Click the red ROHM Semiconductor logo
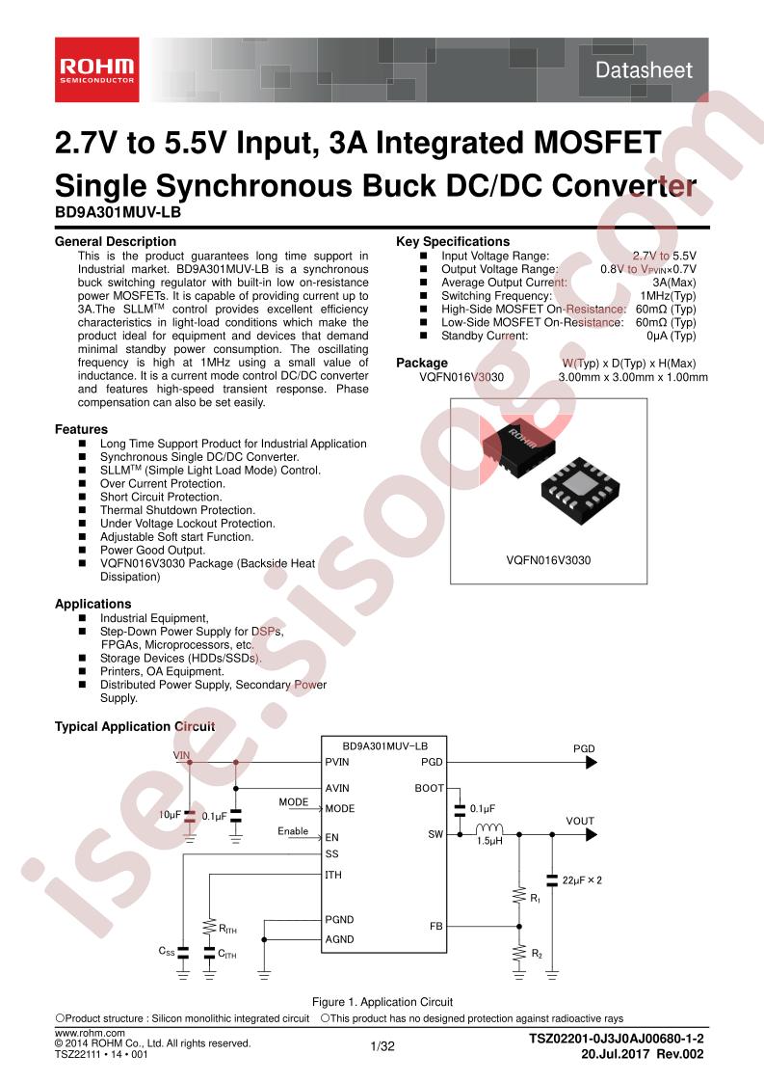pyautogui.click(x=97, y=70)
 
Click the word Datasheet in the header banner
pyautogui.click(x=644, y=69)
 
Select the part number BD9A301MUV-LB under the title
pyautogui.click(x=118, y=212)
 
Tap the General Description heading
pyautogui.click(x=116, y=241)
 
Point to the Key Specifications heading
pyautogui.click(x=453, y=241)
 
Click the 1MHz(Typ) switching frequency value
pyautogui.click(x=669, y=295)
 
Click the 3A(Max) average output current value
pyautogui.click(x=674, y=283)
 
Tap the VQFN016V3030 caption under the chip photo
pyautogui.click(x=548, y=560)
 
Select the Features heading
pyautogui.click(x=81, y=429)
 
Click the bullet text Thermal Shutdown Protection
pyautogui.click(x=177, y=510)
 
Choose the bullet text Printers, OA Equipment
pyautogui.click(x=162, y=671)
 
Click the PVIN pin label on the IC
pyautogui.click(x=337, y=762)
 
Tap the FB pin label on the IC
pyautogui.click(x=435, y=926)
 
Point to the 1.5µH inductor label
pyautogui.click(x=489, y=841)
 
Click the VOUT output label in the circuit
pyautogui.click(x=580, y=822)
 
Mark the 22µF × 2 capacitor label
pyautogui.click(x=582, y=880)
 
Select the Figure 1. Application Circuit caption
pyautogui.click(x=382, y=1002)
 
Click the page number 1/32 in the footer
pyautogui.click(x=382, y=1046)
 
